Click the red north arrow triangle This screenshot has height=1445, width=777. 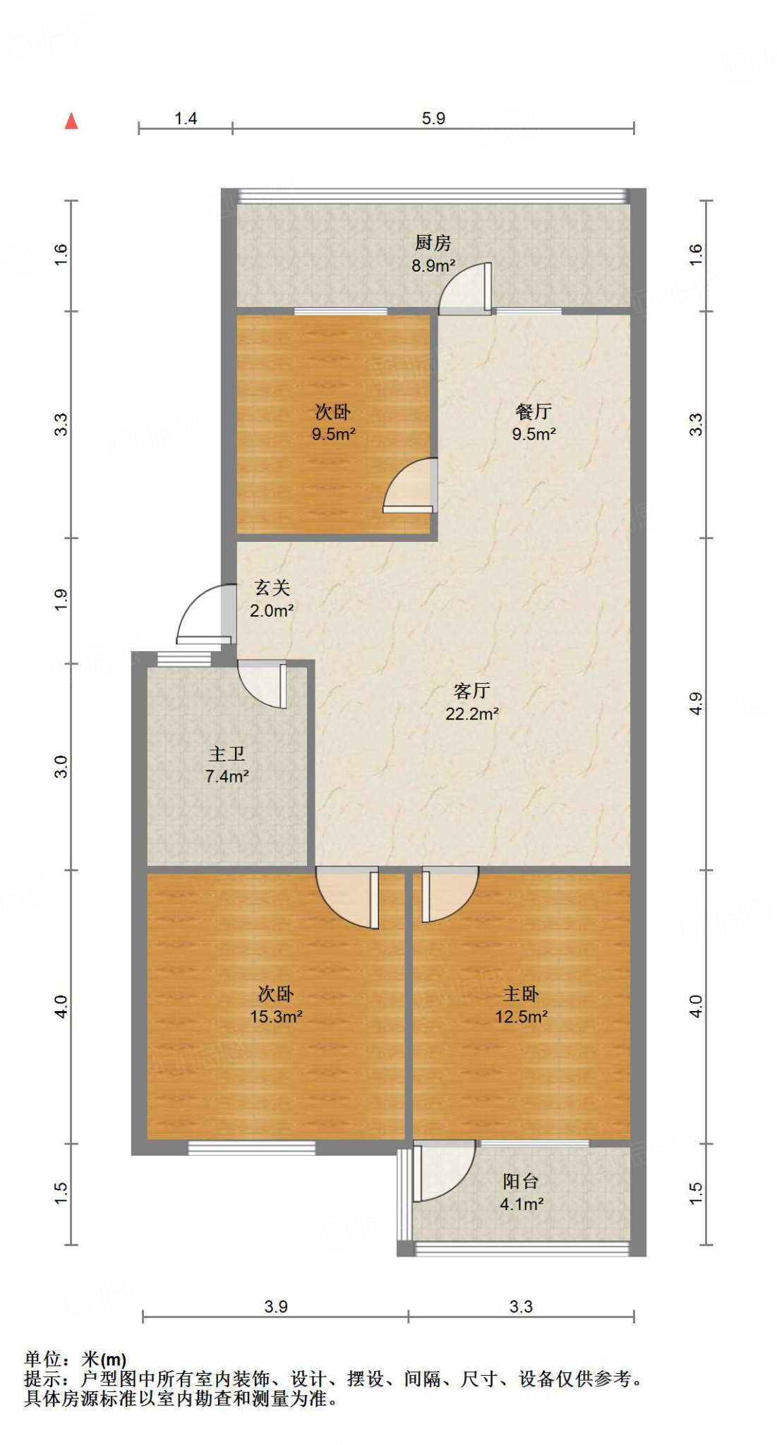[x=71, y=121]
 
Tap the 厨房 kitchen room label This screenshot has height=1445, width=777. [x=433, y=243]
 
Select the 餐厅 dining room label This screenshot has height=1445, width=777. [x=534, y=411]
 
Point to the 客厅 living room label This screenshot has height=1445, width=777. [x=471, y=690]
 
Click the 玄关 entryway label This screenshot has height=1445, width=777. [x=272, y=588]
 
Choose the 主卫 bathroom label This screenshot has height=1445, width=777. [x=227, y=754]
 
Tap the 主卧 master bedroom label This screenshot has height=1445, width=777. [x=521, y=993]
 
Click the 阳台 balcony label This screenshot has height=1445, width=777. [x=521, y=1181]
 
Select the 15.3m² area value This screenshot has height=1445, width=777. [x=276, y=1017]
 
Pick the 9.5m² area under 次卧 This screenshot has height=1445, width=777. [x=333, y=434]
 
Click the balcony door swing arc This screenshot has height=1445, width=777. [x=445, y=1171]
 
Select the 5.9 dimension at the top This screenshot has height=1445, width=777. [x=433, y=119]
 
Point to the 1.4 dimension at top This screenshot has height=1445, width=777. [x=186, y=119]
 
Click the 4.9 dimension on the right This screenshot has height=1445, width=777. [x=696, y=703]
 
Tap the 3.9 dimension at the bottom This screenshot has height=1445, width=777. [x=276, y=1307]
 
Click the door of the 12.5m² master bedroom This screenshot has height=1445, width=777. [x=449, y=894]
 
